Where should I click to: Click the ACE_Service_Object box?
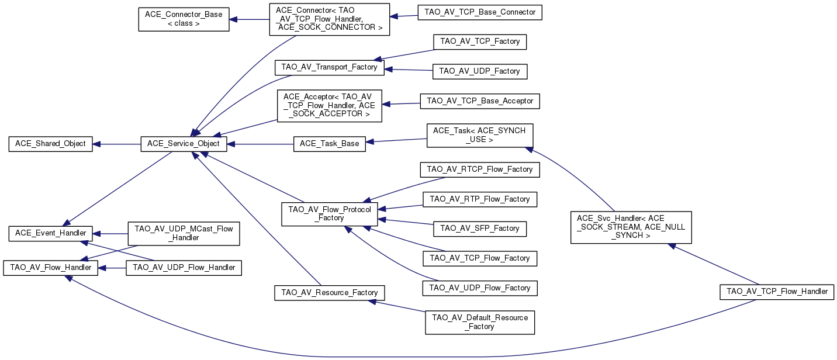184,144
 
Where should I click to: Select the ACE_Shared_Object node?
50,144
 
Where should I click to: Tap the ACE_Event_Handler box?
50,233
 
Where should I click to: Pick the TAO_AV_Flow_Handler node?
50,268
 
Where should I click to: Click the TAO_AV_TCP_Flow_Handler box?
777,292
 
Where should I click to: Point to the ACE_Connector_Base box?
184,19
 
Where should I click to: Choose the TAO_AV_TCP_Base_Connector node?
480,12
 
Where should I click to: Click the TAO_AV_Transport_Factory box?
329,68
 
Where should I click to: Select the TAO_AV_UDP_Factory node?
480,71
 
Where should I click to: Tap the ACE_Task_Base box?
330,144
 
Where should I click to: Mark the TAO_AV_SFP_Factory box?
480,229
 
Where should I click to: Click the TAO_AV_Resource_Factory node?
329,293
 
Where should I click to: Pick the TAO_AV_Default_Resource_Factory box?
480,322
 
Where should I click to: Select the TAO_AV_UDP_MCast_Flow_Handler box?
184,234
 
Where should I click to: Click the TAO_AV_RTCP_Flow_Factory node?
480,169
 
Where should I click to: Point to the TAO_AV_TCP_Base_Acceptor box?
480,101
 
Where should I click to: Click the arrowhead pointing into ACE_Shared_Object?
96,144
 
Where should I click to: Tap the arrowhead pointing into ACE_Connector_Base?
233,19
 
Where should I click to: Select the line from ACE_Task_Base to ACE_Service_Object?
261,144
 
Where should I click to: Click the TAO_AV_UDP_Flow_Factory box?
480,288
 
